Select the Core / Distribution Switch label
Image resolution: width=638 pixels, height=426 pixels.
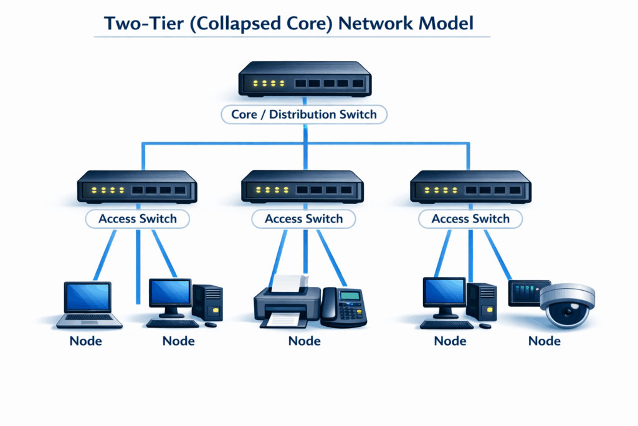(304, 114)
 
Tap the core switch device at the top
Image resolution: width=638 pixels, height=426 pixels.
(304, 79)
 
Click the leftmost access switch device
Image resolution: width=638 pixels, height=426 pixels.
(137, 186)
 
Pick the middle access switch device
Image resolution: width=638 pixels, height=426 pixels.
(302, 186)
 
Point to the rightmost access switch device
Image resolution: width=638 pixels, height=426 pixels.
(470, 186)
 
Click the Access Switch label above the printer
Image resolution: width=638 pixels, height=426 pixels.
(303, 219)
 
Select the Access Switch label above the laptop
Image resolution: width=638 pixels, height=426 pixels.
(137, 219)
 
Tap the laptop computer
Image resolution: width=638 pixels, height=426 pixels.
(88, 304)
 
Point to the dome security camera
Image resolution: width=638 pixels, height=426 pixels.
(567, 306)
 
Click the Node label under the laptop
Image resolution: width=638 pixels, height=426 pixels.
(85, 341)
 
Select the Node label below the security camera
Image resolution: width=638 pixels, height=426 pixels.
(544, 341)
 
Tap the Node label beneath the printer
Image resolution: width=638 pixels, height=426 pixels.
(304, 341)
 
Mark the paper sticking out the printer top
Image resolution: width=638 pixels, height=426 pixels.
(288, 284)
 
